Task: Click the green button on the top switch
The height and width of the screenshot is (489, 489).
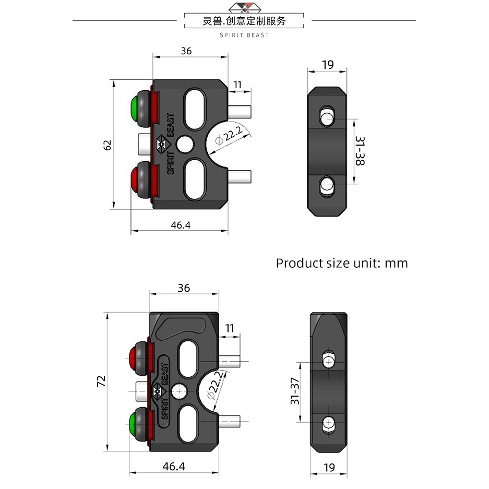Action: click(135, 109)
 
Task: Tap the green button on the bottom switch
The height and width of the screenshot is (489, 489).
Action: click(133, 424)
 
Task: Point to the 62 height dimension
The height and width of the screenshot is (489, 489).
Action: click(107, 145)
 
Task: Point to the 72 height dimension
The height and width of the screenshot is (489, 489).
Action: click(101, 381)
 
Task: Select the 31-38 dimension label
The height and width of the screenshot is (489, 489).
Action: click(360, 151)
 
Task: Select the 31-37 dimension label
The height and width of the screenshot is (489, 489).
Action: click(295, 391)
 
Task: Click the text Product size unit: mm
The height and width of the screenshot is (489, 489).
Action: click(342, 263)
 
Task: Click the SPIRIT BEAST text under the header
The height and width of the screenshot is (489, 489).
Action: click(244, 35)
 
